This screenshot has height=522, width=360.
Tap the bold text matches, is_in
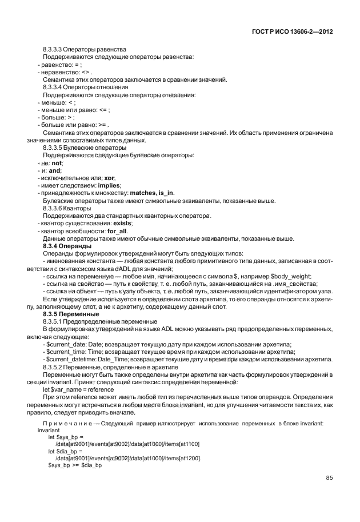coord(152,193)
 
